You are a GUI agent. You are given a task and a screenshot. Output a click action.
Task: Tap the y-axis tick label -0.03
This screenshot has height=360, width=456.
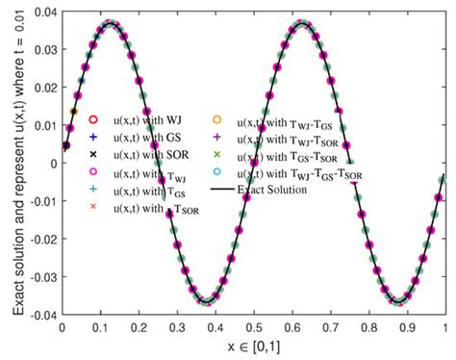point(38,275)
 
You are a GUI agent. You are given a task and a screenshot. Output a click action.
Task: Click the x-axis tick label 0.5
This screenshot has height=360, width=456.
point(253,326)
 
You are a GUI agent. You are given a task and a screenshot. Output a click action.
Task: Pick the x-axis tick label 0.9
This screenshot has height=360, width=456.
point(406,326)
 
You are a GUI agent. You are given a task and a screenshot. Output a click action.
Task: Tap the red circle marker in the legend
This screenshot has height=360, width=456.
point(93,119)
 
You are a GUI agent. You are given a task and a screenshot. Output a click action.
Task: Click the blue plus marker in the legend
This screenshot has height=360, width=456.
point(93,137)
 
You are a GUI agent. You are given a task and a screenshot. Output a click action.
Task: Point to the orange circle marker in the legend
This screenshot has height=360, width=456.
point(216,119)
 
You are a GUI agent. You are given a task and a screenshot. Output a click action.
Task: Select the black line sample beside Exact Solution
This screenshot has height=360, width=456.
point(216,190)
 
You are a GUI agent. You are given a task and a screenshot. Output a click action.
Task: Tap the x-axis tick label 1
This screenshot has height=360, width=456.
point(444,326)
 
